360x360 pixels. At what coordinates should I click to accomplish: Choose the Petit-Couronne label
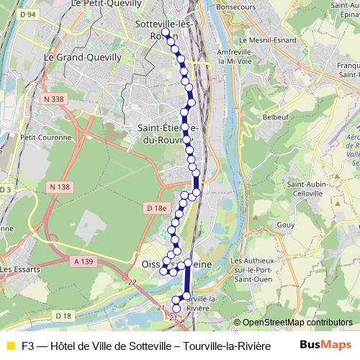(x=46, y=137)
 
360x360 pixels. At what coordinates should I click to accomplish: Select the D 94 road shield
(x=28, y=14)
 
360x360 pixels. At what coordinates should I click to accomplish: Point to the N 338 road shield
(x=54, y=99)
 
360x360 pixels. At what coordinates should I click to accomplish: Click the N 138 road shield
(x=60, y=186)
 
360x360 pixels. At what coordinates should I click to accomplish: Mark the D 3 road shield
(x=6, y=189)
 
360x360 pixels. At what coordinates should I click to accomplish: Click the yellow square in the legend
(x=10, y=345)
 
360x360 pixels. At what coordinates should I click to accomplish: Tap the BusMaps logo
(x=325, y=344)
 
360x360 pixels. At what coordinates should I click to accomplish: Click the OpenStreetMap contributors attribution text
(x=292, y=323)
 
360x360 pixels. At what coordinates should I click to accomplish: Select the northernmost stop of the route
(x=166, y=32)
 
